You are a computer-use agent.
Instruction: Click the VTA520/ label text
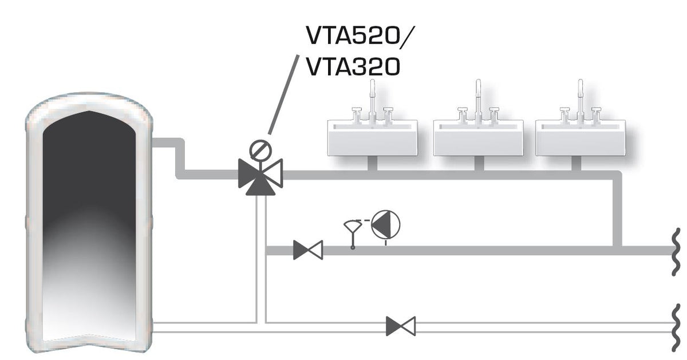(x=358, y=38)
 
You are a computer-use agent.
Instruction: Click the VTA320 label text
(x=353, y=68)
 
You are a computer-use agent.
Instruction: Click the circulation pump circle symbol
(x=386, y=224)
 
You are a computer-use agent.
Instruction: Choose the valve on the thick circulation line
(x=308, y=250)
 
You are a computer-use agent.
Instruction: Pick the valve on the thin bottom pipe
(x=401, y=326)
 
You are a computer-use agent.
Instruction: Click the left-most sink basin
(x=373, y=137)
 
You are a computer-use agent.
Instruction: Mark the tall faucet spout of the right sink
(x=579, y=94)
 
